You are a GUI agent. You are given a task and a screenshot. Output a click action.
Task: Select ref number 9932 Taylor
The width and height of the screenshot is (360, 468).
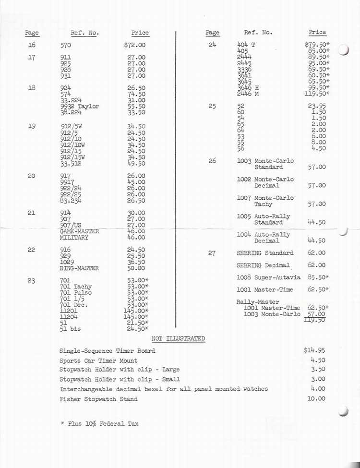coord(80,107)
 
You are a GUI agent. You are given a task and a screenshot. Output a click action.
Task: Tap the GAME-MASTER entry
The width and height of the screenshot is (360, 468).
coord(80,231)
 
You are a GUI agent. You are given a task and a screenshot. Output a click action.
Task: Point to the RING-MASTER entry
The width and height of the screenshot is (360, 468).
coord(79,268)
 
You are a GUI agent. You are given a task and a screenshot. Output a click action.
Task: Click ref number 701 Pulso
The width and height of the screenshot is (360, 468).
coord(76,293)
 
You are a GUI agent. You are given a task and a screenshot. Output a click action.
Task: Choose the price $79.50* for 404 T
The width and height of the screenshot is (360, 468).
coord(317,45)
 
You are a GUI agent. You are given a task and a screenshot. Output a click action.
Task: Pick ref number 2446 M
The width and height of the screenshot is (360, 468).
coord(248,94)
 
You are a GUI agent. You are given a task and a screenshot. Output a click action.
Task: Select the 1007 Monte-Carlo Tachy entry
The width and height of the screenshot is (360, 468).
coord(265,201)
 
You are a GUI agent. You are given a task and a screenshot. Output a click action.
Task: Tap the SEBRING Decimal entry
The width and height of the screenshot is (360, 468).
coord(263,265)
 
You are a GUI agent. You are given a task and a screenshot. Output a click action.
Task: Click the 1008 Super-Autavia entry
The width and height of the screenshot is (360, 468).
coord(268,277)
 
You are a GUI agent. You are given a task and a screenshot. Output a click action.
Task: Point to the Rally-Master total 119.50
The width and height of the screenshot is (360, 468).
coord(315,321)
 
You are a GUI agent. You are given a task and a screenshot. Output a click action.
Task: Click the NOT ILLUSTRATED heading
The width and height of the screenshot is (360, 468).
coord(178,339)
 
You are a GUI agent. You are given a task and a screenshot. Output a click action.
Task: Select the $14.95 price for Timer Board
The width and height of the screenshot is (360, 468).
coord(314,350)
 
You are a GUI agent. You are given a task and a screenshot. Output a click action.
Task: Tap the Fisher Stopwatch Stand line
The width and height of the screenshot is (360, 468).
coord(98,399)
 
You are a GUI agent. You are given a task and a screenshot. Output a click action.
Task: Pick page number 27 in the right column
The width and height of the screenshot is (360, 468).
coord(212,253)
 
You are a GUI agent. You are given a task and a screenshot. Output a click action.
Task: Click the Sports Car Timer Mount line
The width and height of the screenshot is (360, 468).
coord(98,360)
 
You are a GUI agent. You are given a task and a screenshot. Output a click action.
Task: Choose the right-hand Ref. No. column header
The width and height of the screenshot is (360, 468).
coord(258,33)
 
